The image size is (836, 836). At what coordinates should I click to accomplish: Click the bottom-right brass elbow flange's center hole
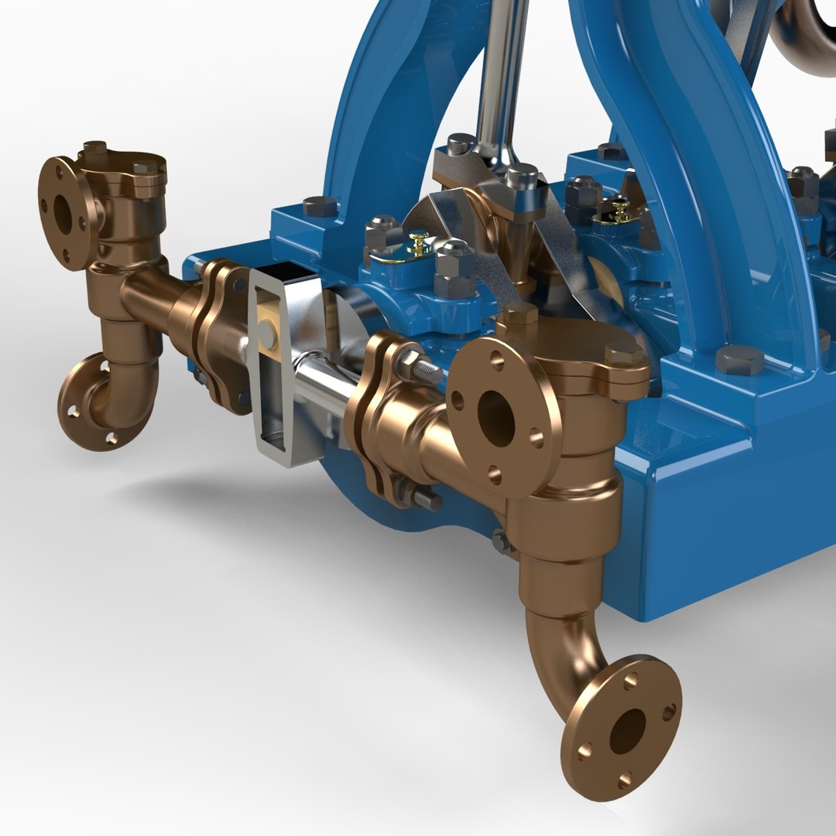(627, 731)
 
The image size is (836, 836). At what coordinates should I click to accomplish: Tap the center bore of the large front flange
(496, 418)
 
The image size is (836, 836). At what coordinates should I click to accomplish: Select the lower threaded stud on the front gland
(422, 495)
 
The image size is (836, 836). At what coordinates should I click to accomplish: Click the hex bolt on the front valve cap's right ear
(624, 354)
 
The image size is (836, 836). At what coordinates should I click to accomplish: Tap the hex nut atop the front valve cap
(520, 313)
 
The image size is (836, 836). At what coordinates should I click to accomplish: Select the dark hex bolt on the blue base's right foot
(739, 359)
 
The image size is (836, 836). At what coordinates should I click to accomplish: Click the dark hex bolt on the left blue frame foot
(319, 206)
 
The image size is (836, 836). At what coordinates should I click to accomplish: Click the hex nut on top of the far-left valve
(94, 147)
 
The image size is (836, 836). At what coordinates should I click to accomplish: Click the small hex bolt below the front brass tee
(502, 540)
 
